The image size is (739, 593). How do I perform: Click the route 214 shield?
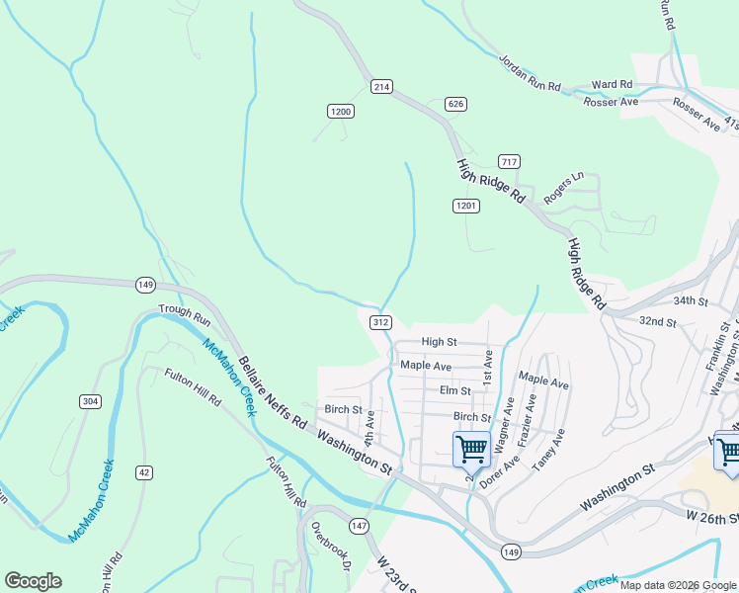pos(382,87)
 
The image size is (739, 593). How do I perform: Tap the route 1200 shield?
pos(341,112)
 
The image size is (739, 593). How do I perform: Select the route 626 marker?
pos(455,104)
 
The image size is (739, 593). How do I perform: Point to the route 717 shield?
pos(510,162)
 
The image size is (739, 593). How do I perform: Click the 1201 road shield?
pos(467,206)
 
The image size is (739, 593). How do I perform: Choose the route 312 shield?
pos(381,322)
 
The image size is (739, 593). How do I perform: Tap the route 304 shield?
pos(90,400)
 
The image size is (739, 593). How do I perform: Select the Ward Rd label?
pos(612,85)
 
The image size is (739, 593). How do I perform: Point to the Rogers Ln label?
pos(565,187)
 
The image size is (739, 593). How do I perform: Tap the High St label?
pos(439,342)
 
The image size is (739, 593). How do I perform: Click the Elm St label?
pos(454,390)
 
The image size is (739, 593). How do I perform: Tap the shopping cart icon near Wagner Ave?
pos(471,449)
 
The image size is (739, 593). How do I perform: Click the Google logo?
pos(33,581)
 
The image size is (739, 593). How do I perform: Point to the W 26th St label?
pos(711,516)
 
